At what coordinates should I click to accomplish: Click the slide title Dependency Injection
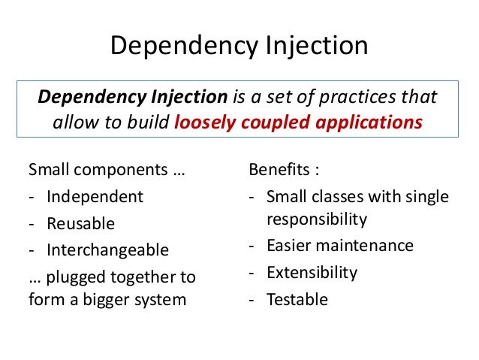click(x=239, y=47)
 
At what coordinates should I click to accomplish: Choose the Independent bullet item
click(x=95, y=197)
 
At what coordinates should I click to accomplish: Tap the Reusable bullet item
click(x=81, y=223)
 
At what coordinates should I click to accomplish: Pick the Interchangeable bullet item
click(x=107, y=250)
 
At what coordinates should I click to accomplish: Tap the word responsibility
click(x=316, y=219)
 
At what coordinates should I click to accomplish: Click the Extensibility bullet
click(x=312, y=272)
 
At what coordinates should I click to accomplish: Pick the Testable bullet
click(x=297, y=299)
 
